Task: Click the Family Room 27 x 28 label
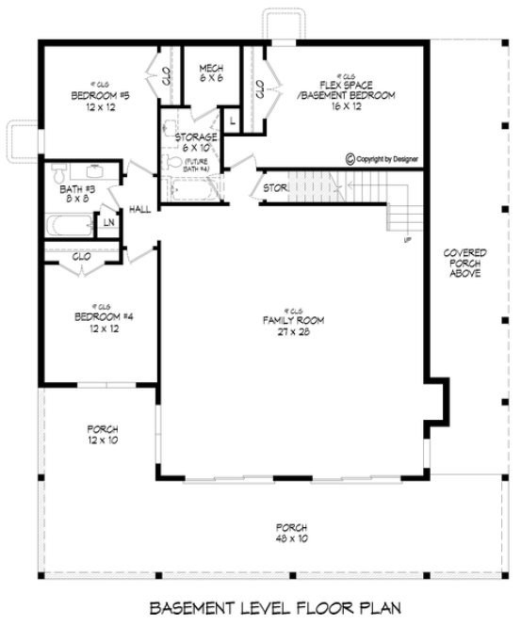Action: pyautogui.click(x=294, y=326)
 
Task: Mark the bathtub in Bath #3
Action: pyautogui.click(x=72, y=226)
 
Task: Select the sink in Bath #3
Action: pyautogui.click(x=94, y=171)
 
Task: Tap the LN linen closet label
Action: pyautogui.click(x=109, y=222)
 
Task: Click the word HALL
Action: pyautogui.click(x=140, y=209)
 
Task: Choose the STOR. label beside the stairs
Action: pyautogui.click(x=274, y=188)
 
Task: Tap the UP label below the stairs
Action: pyautogui.click(x=407, y=241)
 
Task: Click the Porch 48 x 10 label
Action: pyautogui.click(x=294, y=532)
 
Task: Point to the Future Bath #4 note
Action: pyautogui.click(x=196, y=165)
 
